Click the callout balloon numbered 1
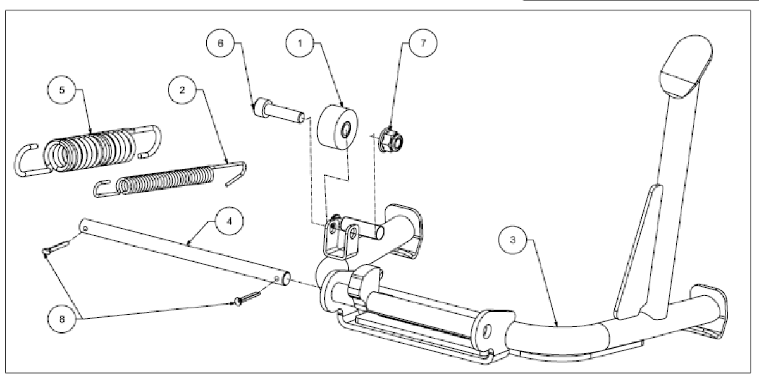coord(300,43)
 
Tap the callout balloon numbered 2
coord(182,90)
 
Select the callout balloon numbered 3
coord(512,240)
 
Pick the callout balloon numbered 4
coord(230,221)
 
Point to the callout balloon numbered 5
coord(62,90)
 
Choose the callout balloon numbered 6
coord(220,43)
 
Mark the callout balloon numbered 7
coord(423,43)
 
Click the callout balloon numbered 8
coord(62,319)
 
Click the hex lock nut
coord(390,140)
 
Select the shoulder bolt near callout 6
coord(280,111)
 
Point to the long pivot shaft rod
coord(185,252)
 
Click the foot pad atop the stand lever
coord(686,67)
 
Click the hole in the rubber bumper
coord(345,130)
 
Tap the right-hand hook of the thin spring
coord(237,173)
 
